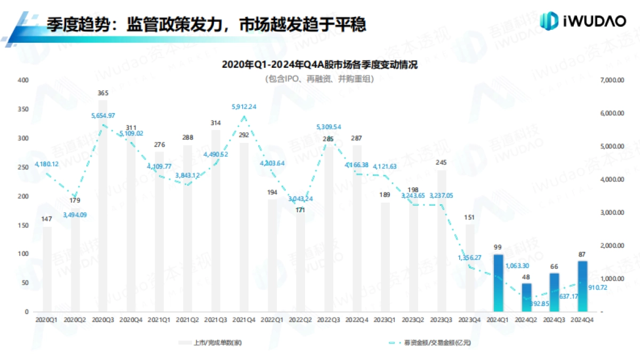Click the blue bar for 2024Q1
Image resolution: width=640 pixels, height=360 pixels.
498,283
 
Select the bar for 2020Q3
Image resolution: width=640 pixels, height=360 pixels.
103,206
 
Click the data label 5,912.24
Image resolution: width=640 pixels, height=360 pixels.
244,107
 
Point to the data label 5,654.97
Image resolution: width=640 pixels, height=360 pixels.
103,116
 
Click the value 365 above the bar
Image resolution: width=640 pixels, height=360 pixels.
103,93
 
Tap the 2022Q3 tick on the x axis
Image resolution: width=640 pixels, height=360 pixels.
329,319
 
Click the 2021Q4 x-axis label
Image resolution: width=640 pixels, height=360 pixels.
244,319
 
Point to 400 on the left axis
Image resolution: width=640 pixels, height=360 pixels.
23,80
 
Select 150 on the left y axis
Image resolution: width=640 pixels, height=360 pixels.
23,225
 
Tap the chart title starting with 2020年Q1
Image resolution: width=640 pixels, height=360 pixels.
319,65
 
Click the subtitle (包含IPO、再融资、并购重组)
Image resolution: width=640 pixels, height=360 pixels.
319,79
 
